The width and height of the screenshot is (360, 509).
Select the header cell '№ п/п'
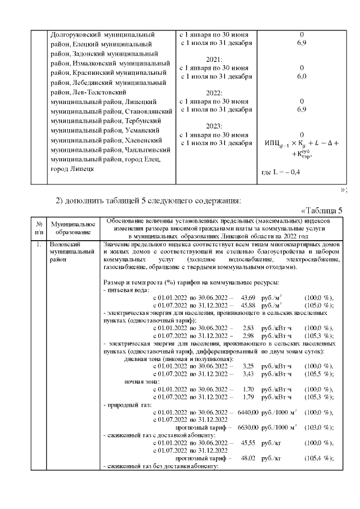click(39, 228)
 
